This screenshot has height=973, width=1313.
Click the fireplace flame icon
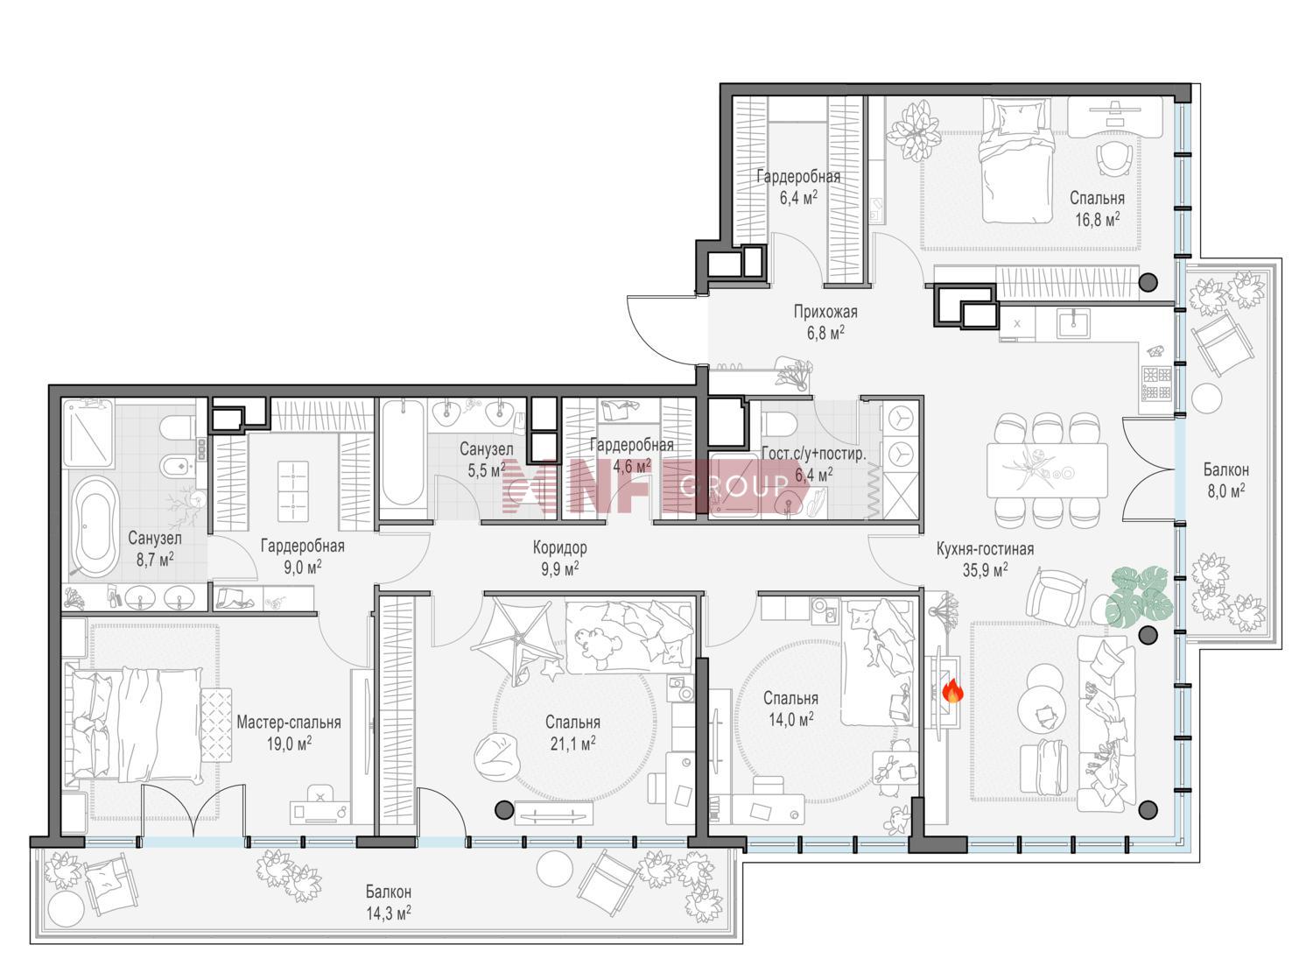click(x=951, y=690)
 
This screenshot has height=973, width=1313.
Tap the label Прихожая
click(x=825, y=312)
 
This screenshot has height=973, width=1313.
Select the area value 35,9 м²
click(x=985, y=570)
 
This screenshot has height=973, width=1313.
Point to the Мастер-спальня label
click(x=289, y=723)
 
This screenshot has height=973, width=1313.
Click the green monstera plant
click(x=1138, y=594)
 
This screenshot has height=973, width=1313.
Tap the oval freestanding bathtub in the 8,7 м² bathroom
click(x=98, y=525)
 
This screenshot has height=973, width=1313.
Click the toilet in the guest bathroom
click(x=780, y=423)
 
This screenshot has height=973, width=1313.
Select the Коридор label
click(x=559, y=547)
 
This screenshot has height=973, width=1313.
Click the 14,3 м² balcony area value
click(x=389, y=913)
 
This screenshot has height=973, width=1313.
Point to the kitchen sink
click(x=1073, y=323)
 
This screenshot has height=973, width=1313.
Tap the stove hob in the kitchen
click(x=1156, y=383)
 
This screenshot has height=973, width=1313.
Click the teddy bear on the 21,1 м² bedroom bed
click(x=598, y=643)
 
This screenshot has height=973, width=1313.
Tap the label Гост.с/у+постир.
click(x=814, y=454)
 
